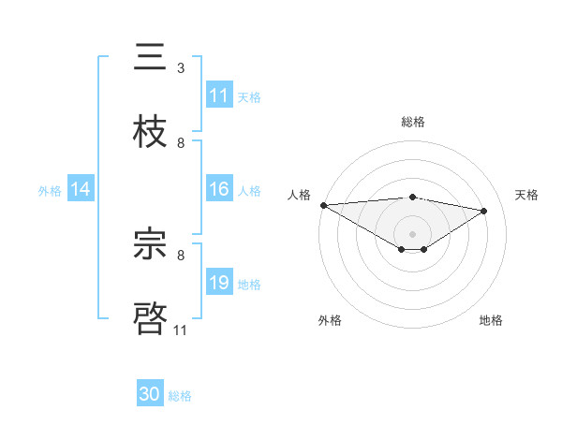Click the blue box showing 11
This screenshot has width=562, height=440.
(x=219, y=95)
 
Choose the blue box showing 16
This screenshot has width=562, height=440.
(x=219, y=189)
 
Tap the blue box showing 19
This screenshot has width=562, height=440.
(x=219, y=283)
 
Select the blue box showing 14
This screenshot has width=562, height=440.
(x=81, y=189)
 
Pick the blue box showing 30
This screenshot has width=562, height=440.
(x=150, y=394)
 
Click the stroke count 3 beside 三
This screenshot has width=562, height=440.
(x=181, y=68)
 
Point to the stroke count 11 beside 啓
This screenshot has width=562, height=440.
(x=181, y=330)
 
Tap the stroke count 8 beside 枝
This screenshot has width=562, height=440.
(x=181, y=142)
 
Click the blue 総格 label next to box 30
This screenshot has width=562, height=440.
(x=180, y=396)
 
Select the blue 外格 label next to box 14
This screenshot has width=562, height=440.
(x=50, y=190)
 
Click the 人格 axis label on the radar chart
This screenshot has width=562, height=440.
(x=300, y=195)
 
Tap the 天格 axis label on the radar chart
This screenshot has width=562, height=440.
(x=526, y=195)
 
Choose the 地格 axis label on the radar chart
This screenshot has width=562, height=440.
(x=491, y=320)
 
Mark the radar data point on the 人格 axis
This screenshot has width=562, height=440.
(x=323, y=205)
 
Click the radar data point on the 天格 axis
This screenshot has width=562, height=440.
(x=484, y=212)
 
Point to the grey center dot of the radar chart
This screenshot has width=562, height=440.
(x=412, y=233)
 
